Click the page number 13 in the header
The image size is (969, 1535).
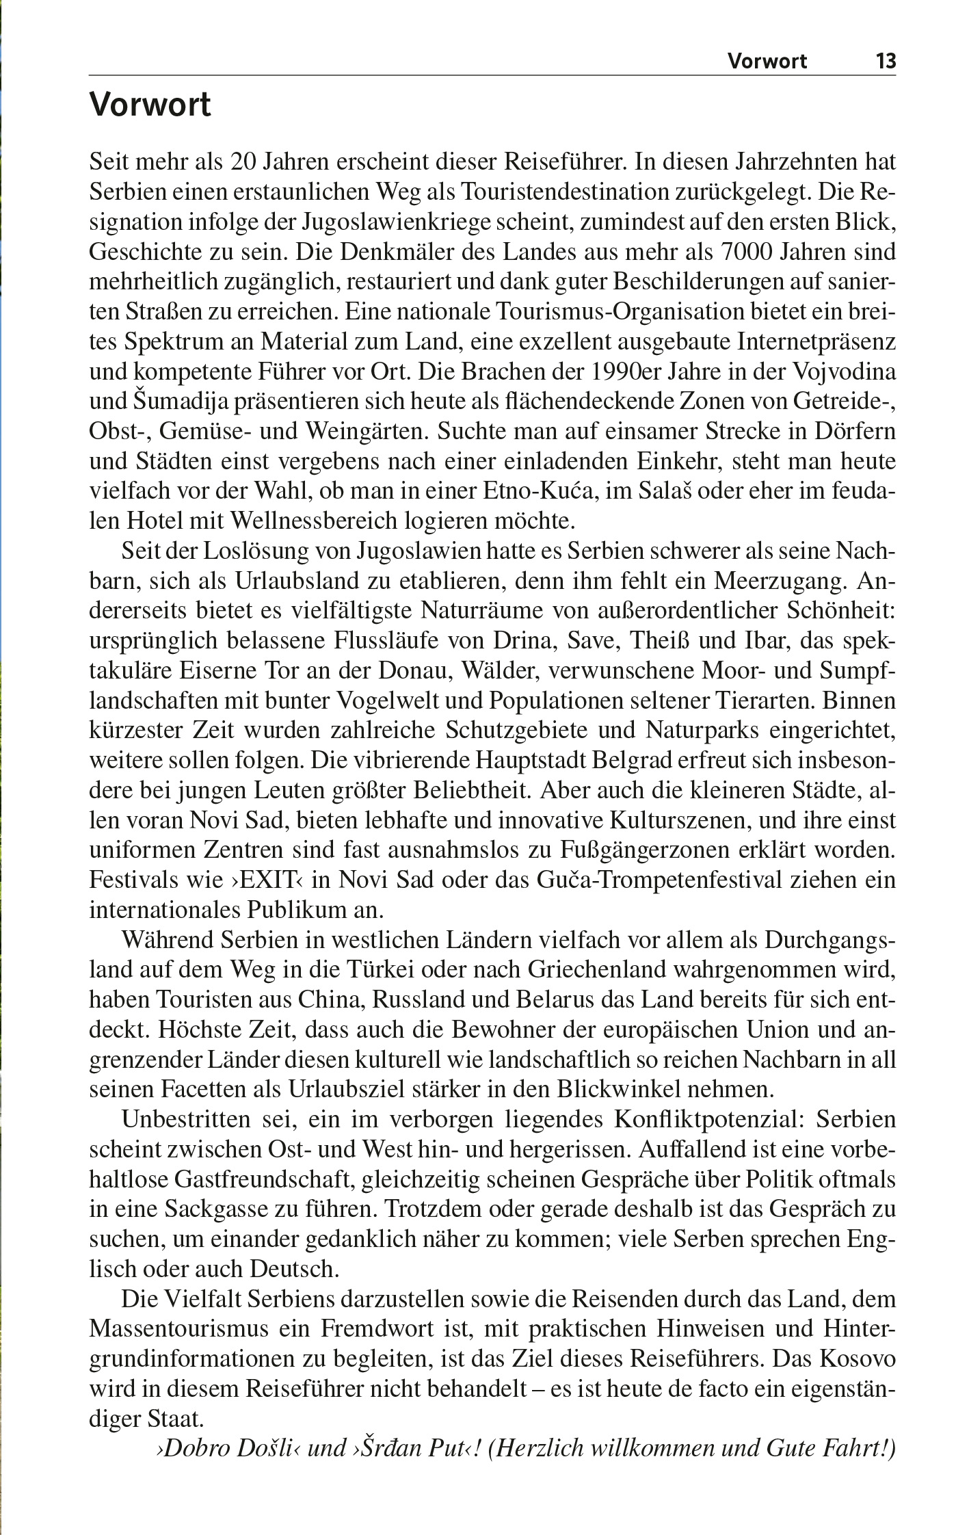click(886, 62)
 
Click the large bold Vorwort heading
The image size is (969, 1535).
click(150, 106)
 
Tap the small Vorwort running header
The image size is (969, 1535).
click(767, 62)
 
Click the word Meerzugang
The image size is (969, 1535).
click(780, 581)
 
